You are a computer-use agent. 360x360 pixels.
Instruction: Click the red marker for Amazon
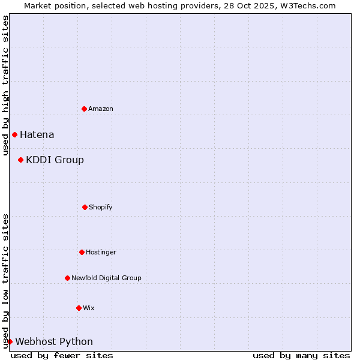[x=84, y=109]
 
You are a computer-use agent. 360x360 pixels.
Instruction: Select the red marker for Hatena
[x=14, y=134]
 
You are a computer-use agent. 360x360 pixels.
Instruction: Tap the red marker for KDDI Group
[x=20, y=160]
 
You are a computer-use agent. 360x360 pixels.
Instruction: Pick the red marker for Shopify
[x=85, y=207]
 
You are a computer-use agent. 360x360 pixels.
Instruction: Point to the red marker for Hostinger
[x=82, y=252]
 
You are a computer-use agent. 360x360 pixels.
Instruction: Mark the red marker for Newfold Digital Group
[x=67, y=278]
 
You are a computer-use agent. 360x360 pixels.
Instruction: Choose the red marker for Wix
[x=79, y=308]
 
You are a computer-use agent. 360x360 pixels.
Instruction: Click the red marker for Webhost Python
[x=10, y=341]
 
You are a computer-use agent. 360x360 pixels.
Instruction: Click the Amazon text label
[x=101, y=109]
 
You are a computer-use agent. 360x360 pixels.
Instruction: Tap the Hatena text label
[x=37, y=134]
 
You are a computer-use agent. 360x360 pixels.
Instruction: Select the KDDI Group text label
[x=55, y=160]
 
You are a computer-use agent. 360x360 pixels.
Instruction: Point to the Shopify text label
[x=101, y=207]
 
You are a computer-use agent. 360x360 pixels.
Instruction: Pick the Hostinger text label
[x=101, y=252]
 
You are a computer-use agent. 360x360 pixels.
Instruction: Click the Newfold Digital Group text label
[x=106, y=278]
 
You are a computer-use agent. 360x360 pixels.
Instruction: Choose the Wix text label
[x=89, y=308]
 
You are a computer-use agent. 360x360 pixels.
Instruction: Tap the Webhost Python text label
[x=54, y=341]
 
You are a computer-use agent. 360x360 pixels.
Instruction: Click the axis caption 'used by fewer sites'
[x=62, y=355]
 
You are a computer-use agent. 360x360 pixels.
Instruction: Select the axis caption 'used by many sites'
[x=301, y=355]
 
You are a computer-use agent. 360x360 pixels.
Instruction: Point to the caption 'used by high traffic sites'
[x=5, y=85]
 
